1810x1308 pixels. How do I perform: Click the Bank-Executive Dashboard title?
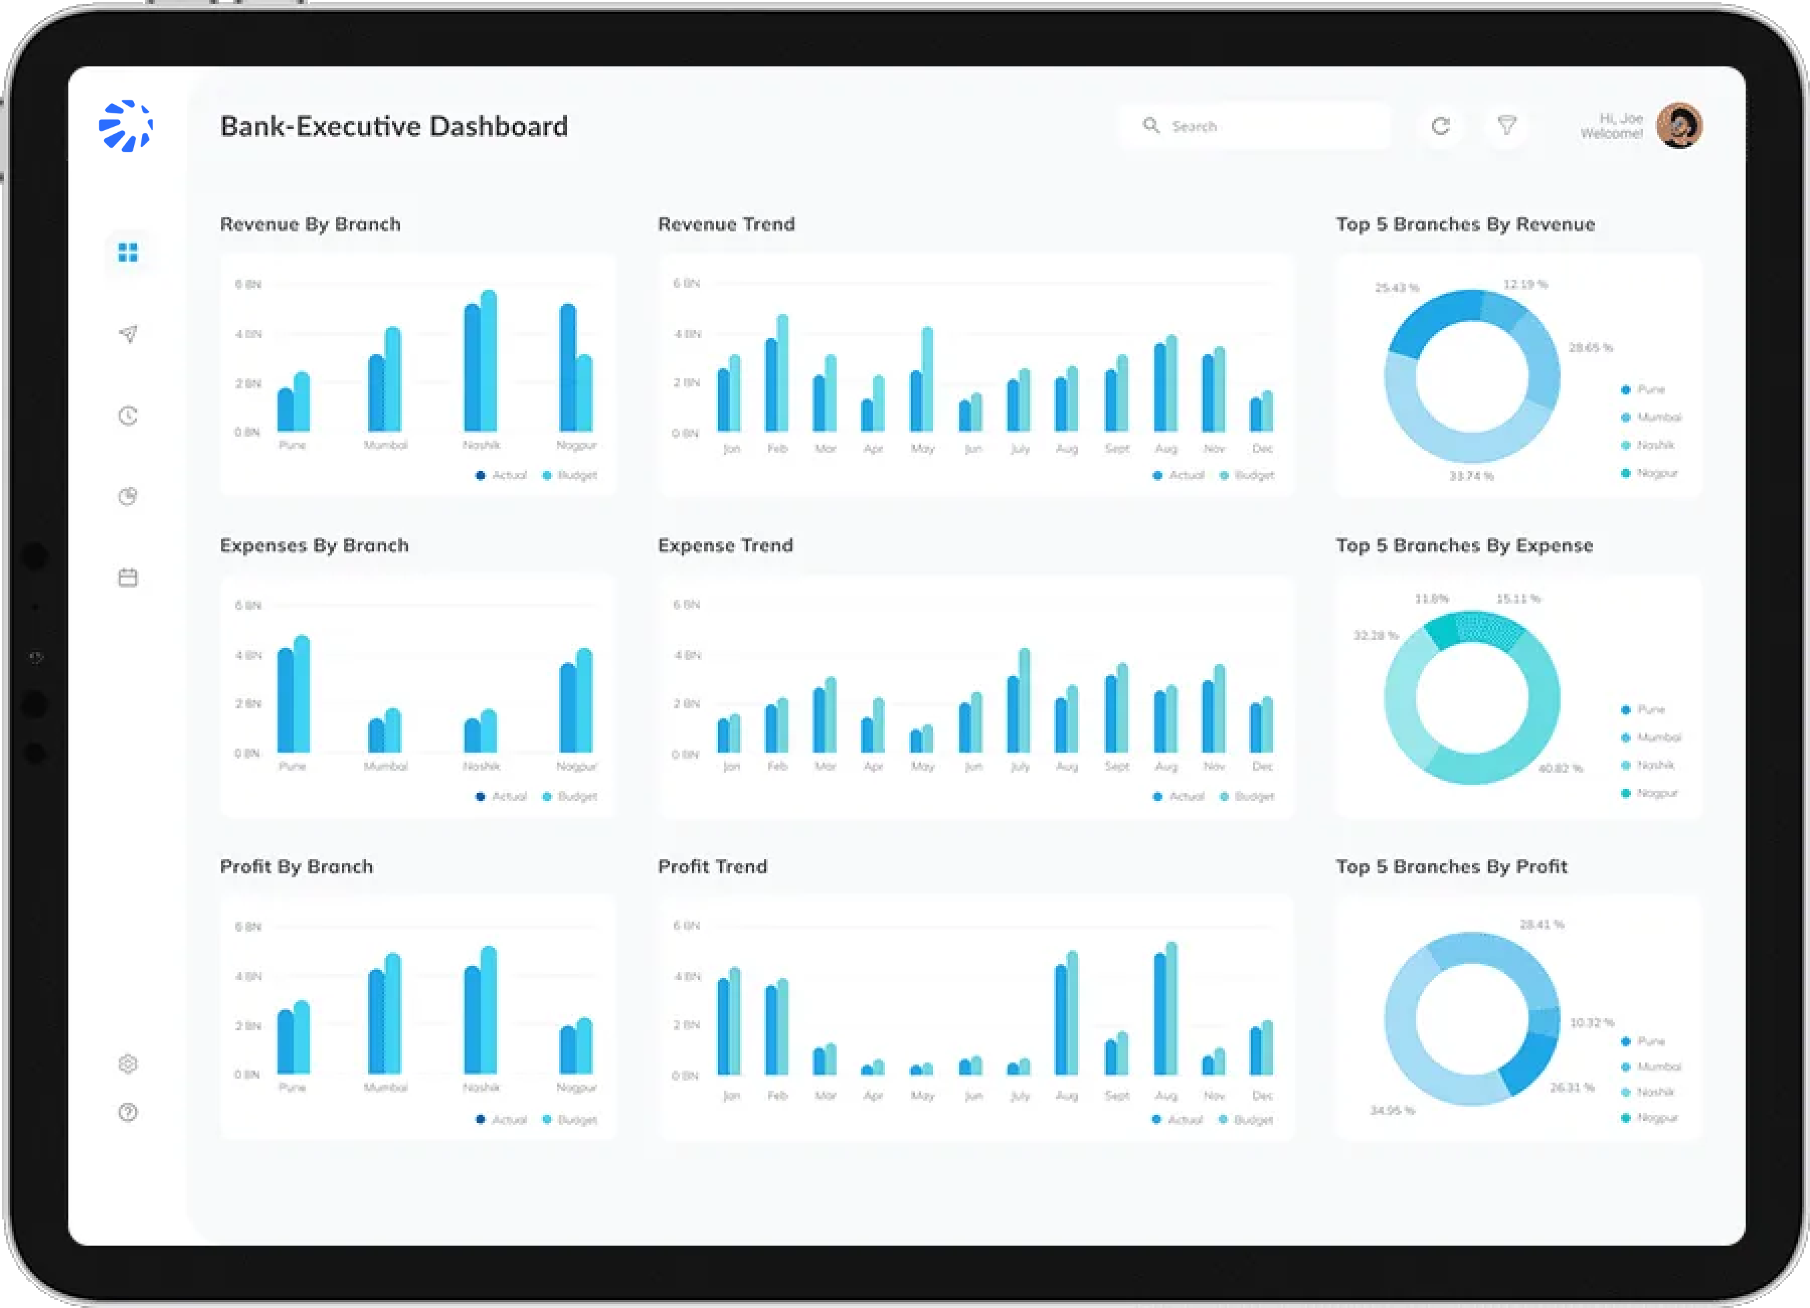click(394, 126)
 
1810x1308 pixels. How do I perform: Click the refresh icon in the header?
click(1441, 126)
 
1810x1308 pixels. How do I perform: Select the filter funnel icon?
click(1507, 125)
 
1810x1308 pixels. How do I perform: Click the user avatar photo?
click(1679, 125)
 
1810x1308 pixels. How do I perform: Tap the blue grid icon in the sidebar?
click(127, 252)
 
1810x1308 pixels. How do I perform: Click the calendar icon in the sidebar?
click(127, 578)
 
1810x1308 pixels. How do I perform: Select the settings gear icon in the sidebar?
click(127, 1064)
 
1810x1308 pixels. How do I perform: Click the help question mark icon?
click(127, 1112)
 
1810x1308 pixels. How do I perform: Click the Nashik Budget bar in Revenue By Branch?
click(489, 364)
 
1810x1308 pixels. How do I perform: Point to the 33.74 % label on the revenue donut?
click(1471, 476)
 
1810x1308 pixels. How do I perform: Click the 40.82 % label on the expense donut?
click(1559, 768)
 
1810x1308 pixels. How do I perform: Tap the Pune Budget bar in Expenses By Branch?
click(302, 695)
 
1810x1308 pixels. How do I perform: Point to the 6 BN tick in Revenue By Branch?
click(247, 284)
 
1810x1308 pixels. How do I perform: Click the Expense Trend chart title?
click(725, 545)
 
